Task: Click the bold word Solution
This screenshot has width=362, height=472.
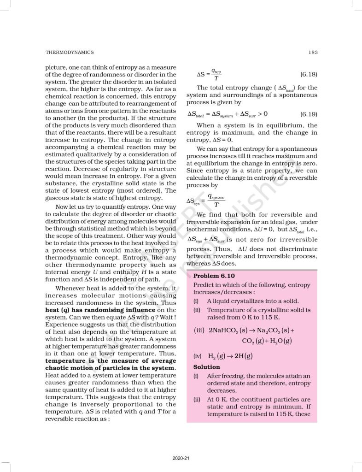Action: [x=207, y=367]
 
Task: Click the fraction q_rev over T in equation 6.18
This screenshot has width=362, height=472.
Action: [x=216, y=74]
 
